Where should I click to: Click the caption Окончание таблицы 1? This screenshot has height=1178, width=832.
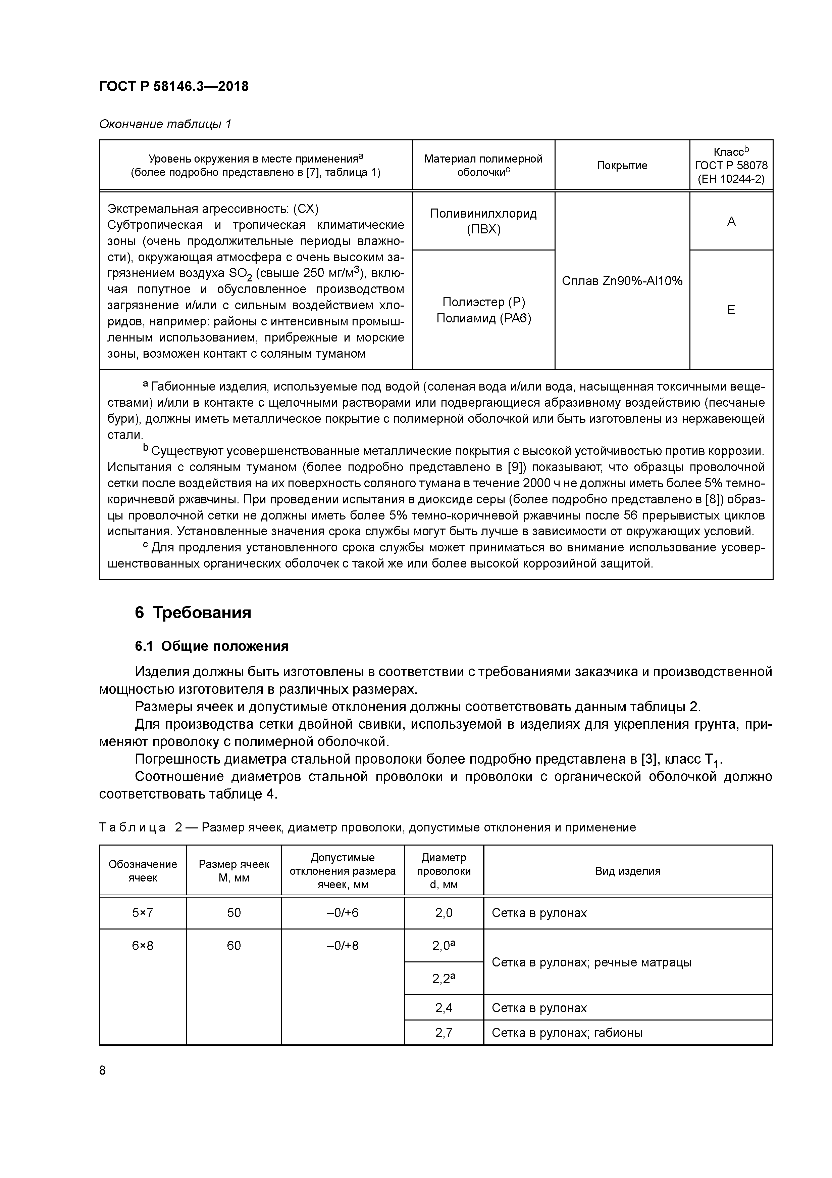tap(165, 124)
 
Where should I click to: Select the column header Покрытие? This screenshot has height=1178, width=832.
tap(622, 165)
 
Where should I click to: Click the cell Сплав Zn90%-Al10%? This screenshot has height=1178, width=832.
tap(622, 281)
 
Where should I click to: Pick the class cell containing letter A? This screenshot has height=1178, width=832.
tap(731, 221)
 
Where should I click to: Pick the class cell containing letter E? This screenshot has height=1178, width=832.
tap(731, 310)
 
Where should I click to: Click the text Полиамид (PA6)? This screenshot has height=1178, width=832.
tap(483, 318)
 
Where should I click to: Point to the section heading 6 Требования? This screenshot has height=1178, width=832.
tap(193, 613)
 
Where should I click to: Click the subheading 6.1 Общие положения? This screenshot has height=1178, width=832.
tap(212, 646)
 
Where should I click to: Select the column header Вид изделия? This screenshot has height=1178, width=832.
tap(627, 871)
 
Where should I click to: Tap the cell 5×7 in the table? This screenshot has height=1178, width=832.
tap(143, 913)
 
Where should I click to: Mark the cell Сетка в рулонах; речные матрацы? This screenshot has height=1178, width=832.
tap(591, 962)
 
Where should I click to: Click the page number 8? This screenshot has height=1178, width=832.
tap(103, 1070)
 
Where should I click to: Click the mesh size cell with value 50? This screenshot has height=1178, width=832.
tap(234, 913)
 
